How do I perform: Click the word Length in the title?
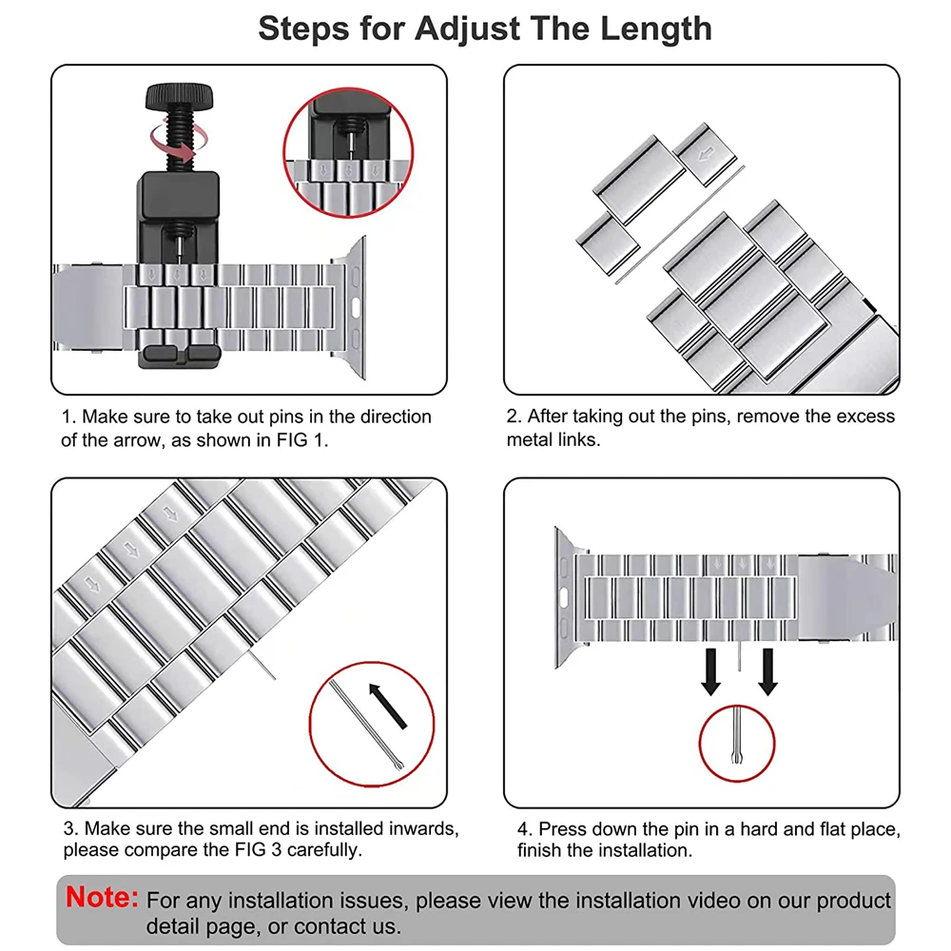click(655, 28)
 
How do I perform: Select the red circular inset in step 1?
click(350, 158)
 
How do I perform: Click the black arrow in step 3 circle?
click(387, 705)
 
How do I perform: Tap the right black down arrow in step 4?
click(768, 671)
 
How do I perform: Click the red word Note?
click(103, 897)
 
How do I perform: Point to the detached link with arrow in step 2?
click(705, 151)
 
